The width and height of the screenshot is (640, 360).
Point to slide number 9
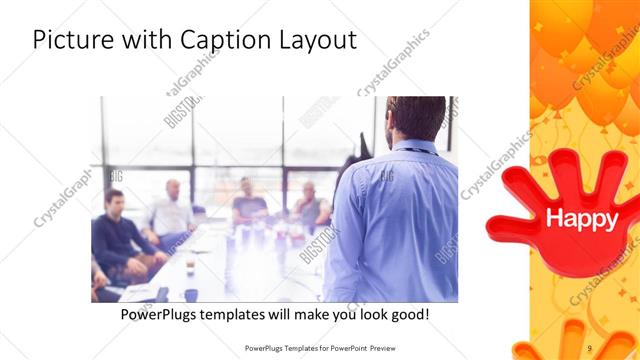pyautogui.click(x=590, y=347)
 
